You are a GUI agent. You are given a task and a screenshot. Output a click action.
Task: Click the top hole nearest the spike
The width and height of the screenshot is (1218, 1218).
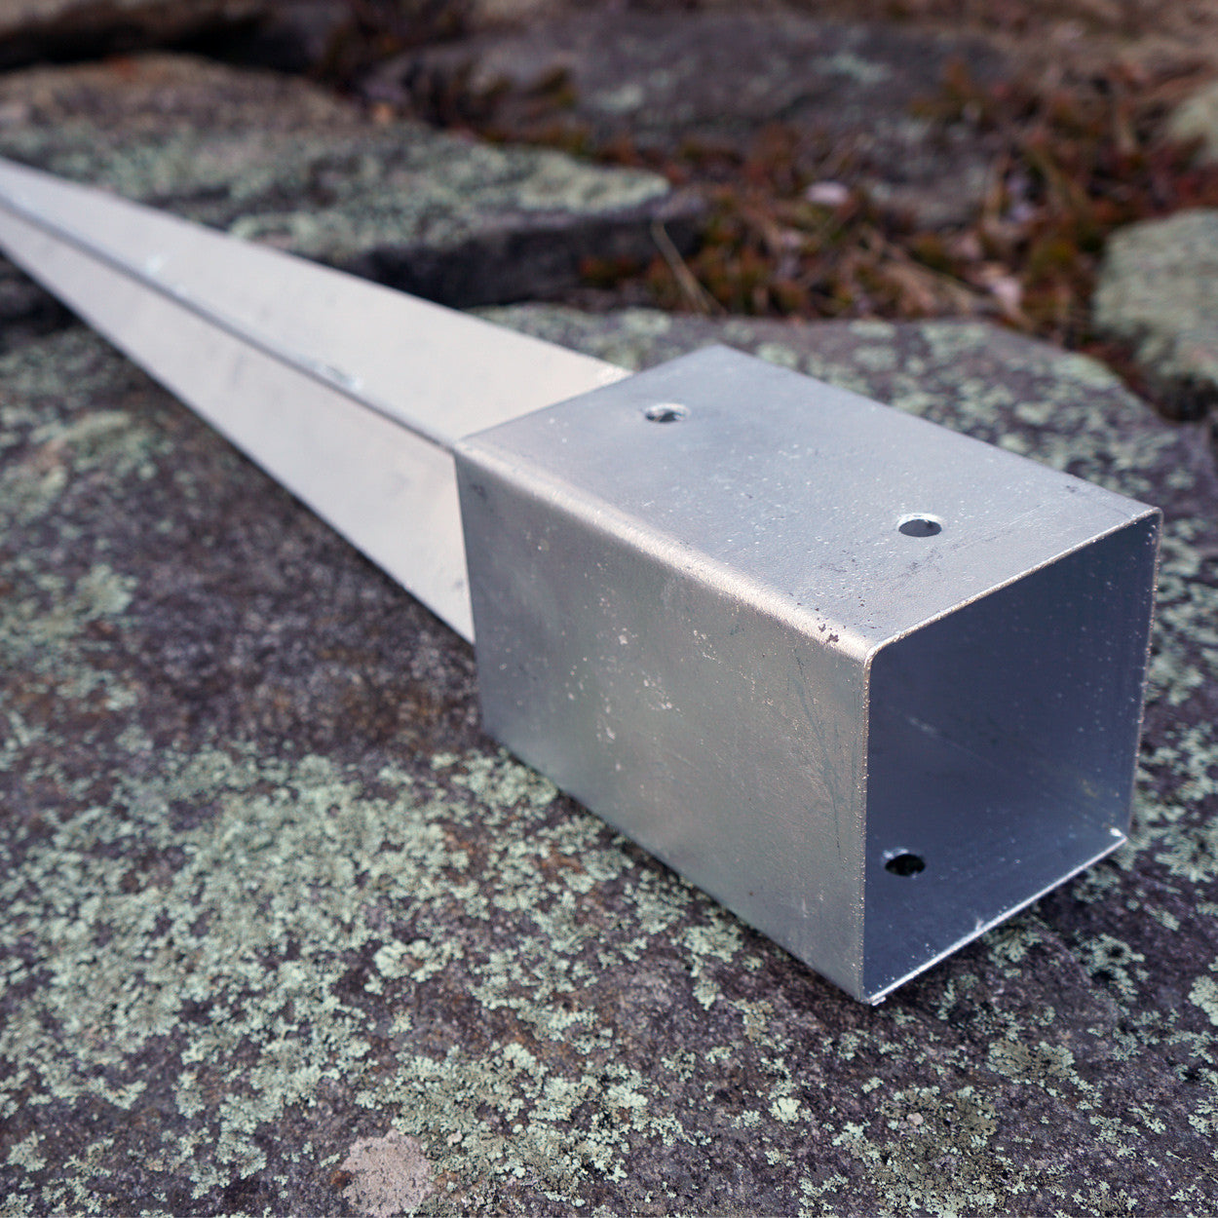pos(666,414)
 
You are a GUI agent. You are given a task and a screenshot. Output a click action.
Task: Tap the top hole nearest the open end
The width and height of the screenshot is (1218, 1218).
pos(919,527)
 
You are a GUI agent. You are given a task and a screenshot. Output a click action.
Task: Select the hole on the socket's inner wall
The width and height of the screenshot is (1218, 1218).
pos(905,863)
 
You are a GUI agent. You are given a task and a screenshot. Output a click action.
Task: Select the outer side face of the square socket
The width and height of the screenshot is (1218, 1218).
pos(663,702)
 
